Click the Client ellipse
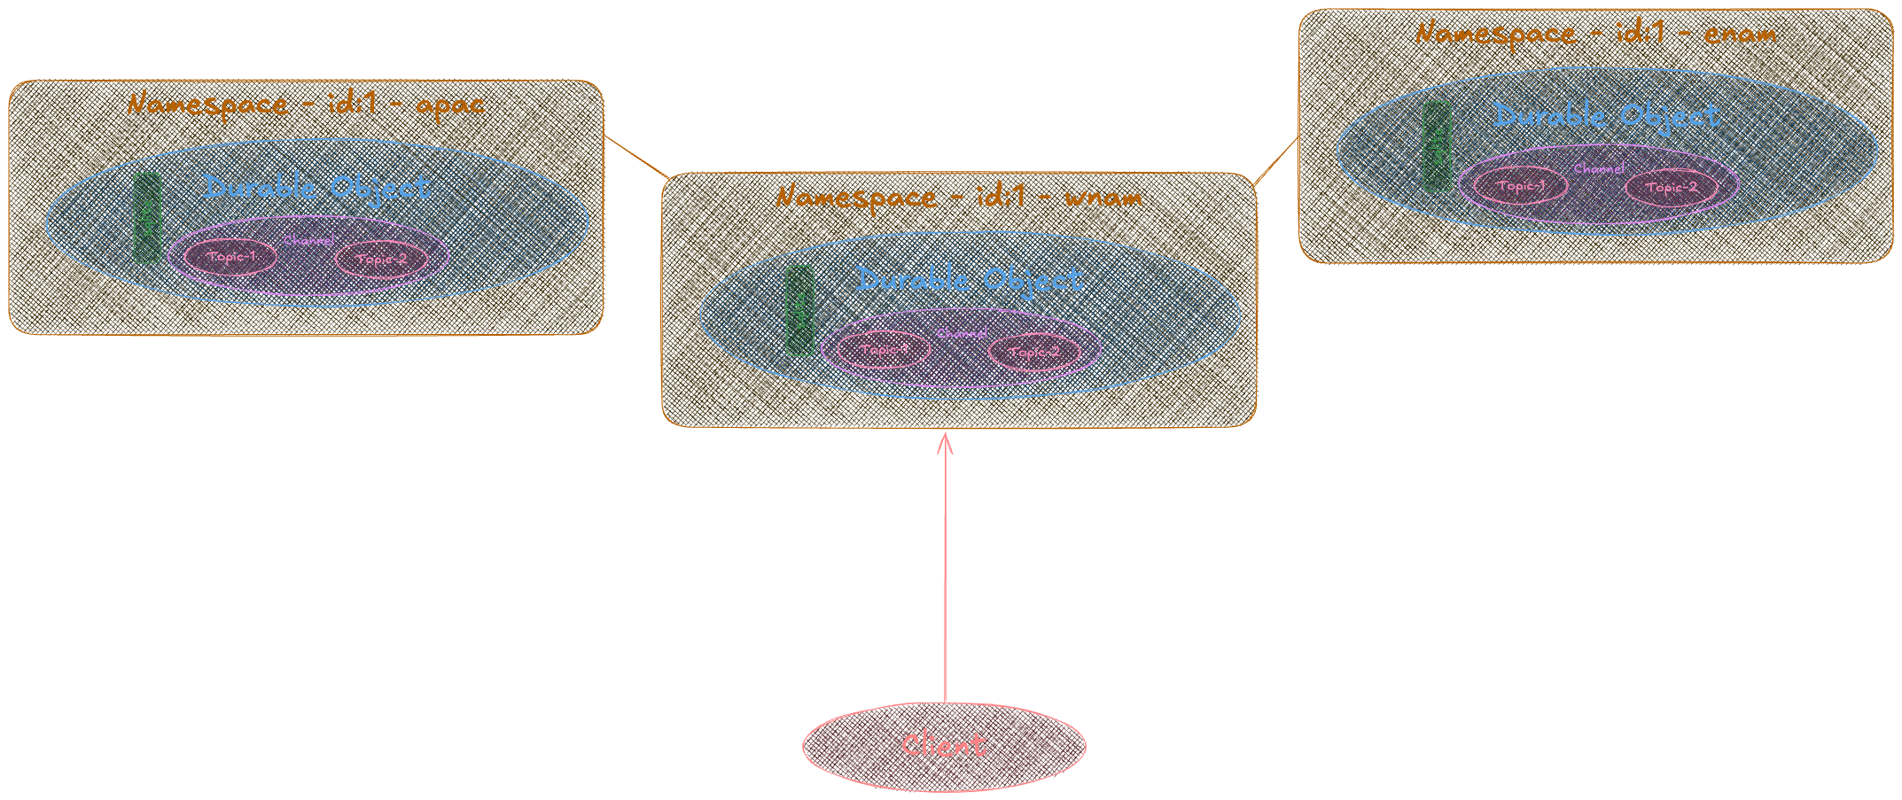pyautogui.click(x=944, y=746)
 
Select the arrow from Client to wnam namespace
pyautogui.click(x=945, y=567)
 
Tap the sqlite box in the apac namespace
pyautogui.click(x=147, y=218)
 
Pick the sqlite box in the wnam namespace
pyautogui.click(x=799, y=311)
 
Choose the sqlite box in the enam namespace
pyautogui.click(x=1437, y=147)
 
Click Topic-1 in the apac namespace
pyautogui.click(x=230, y=257)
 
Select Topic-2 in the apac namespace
pyautogui.click(x=381, y=259)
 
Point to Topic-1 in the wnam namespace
pyautogui.click(x=884, y=350)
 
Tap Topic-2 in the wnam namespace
pyautogui.click(x=1033, y=352)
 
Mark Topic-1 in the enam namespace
pyautogui.click(x=1520, y=186)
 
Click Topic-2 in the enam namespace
pyautogui.click(x=1671, y=188)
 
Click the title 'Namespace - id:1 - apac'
pyautogui.click(x=306, y=105)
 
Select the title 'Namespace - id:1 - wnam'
pyautogui.click(x=959, y=197)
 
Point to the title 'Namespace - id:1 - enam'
pyautogui.click(x=1595, y=34)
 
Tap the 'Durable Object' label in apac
pyautogui.click(x=316, y=187)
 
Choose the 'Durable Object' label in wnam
pyautogui.click(x=969, y=280)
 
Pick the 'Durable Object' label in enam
pyautogui.click(x=1606, y=115)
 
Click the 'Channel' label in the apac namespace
pyautogui.click(x=308, y=240)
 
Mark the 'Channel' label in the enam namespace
pyautogui.click(x=1599, y=168)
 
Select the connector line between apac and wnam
pyautogui.click(x=636, y=157)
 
